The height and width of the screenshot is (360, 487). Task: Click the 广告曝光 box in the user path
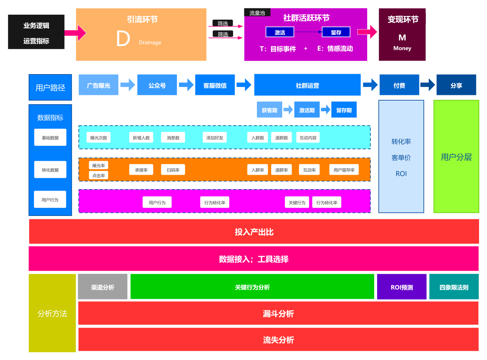(x=99, y=85)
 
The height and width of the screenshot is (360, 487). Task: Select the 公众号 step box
(x=157, y=85)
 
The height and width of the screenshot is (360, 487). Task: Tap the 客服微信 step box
(x=215, y=85)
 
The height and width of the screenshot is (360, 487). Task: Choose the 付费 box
(x=399, y=85)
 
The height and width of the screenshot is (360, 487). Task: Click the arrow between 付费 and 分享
(x=428, y=85)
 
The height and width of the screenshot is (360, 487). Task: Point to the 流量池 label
(x=257, y=13)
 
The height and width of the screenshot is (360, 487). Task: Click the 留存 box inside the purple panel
(x=336, y=32)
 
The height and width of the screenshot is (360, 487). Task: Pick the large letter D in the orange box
(x=123, y=39)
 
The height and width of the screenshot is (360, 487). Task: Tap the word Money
(x=402, y=48)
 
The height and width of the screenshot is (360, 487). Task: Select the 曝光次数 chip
(x=99, y=138)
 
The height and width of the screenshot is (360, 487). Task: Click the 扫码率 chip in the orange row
(x=173, y=170)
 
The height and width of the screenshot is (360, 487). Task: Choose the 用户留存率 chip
(x=344, y=170)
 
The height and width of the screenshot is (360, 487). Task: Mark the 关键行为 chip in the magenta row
(x=297, y=202)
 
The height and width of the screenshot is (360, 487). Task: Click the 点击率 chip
(x=99, y=175)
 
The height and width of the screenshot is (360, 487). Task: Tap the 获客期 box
(x=269, y=110)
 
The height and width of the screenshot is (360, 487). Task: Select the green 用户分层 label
(x=456, y=157)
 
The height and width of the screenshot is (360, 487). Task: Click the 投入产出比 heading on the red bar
(x=254, y=232)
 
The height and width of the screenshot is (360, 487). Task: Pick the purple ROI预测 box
(x=402, y=287)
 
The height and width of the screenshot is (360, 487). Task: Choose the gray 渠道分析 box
(x=103, y=287)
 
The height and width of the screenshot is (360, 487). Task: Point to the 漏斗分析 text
(x=278, y=313)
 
